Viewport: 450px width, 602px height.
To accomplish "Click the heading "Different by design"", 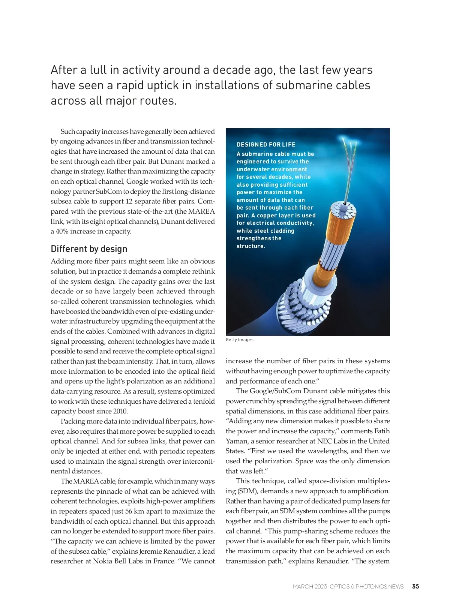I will point(89,249).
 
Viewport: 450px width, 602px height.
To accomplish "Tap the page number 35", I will point(415,586).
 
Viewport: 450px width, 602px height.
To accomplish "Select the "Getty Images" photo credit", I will point(239,340).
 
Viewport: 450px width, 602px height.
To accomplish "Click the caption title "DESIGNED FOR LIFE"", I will point(266,145).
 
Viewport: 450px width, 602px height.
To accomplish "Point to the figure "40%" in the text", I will point(62,231).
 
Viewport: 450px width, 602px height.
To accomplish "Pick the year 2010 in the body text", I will point(120,411).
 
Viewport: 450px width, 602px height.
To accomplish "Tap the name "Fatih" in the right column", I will point(381,431).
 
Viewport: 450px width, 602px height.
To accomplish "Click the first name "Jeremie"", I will point(150,551).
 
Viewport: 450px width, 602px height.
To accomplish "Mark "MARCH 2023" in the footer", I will point(310,587).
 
